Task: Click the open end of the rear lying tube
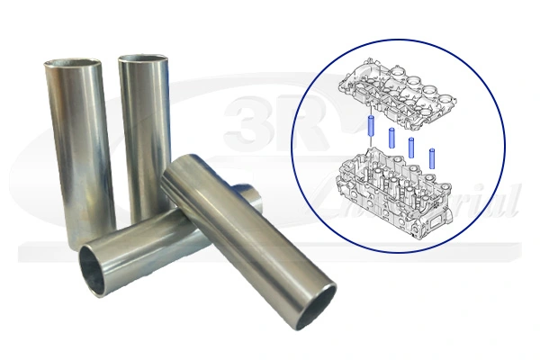100,270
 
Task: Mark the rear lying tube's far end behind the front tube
248,193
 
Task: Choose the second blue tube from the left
392,139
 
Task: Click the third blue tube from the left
411,147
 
